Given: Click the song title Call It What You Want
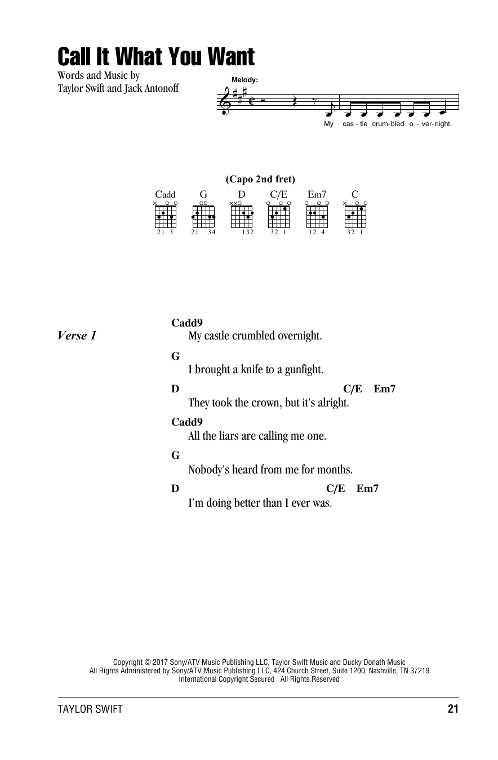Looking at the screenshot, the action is tap(156, 56).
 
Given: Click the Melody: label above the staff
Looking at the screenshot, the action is tap(244, 80).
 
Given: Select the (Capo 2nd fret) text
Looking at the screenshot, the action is tap(260, 179).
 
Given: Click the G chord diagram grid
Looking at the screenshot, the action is tap(203, 217).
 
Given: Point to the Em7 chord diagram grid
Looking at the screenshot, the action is tap(317, 217).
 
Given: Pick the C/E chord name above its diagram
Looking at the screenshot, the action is tap(279, 194).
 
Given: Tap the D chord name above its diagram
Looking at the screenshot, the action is tap(241, 194).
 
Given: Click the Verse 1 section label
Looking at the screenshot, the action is tap(77, 336).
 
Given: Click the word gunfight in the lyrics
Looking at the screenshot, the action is tap(303, 369).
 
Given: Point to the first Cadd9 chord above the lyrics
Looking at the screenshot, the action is tap(187, 323).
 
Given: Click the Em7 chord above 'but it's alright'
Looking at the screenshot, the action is tap(385, 389).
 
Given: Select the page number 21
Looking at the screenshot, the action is tap(453, 709).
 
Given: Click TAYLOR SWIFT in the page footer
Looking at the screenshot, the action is tap(90, 709).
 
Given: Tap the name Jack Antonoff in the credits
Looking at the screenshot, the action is tap(151, 88).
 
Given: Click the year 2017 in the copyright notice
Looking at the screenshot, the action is tap(160, 662).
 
